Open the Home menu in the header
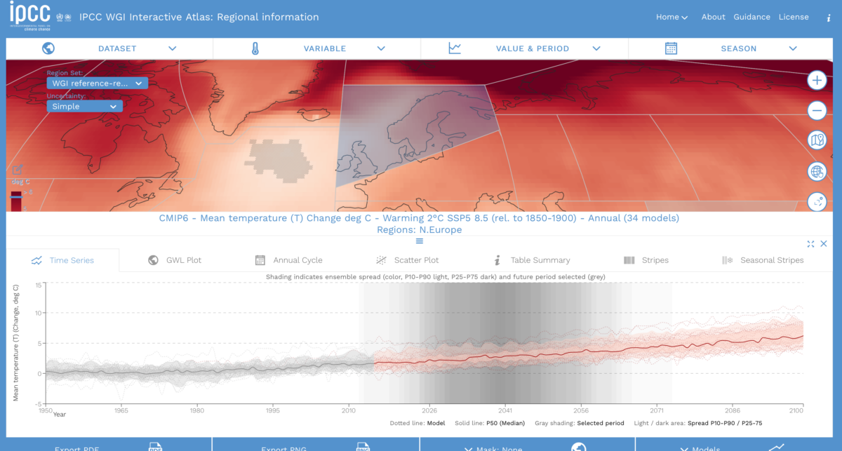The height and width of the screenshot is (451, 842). (x=671, y=17)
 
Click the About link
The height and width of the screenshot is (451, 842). (x=713, y=17)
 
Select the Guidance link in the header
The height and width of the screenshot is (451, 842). (x=751, y=17)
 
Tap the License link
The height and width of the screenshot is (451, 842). (x=794, y=17)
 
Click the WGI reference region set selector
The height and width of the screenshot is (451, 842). (x=97, y=83)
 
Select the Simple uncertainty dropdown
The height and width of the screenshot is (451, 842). (x=84, y=107)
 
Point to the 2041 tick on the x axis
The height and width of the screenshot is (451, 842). (x=505, y=410)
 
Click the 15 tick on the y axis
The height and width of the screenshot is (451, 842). (x=39, y=285)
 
